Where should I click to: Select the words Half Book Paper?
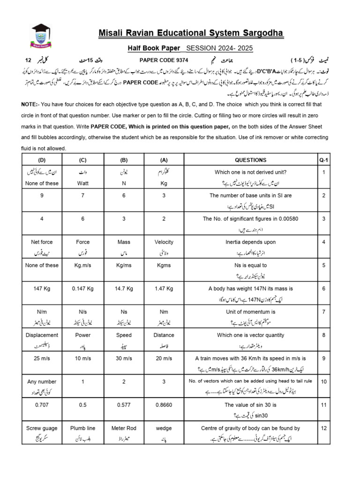click(155, 48)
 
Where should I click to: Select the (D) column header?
click(42, 160)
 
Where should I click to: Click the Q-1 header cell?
click(323, 160)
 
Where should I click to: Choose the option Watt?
click(82, 184)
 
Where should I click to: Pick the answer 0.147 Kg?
click(82, 289)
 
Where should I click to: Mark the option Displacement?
click(42, 335)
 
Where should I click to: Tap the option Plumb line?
click(82, 428)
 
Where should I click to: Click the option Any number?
click(42, 382)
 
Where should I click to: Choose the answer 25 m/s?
click(42, 359)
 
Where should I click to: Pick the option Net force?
click(42, 242)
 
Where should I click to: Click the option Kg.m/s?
click(82, 265)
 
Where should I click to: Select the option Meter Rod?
click(124, 428)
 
